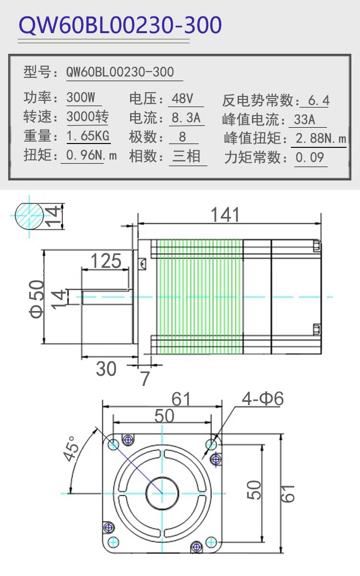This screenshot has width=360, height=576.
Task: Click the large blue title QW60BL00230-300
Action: click(120, 25)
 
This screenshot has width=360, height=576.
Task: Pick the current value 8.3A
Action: click(186, 118)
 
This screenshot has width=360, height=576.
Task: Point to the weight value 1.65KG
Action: click(88, 135)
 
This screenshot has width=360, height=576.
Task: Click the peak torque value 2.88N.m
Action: click(321, 138)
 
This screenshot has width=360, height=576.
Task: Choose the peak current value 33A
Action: click(304, 120)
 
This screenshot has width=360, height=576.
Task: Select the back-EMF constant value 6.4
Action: click(319, 100)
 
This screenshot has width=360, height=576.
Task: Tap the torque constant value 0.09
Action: click(310, 157)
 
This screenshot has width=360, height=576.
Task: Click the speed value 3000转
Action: click(88, 117)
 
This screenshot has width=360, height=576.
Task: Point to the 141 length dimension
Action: click(225, 215)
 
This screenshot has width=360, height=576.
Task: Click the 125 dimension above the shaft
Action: click(106, 261)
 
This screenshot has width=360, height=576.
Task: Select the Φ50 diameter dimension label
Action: click(36, 299)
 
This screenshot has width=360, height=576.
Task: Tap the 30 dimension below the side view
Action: click(106, 369)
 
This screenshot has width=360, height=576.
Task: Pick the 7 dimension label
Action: click(145, 378)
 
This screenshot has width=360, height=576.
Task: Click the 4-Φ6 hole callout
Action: click(263, 398)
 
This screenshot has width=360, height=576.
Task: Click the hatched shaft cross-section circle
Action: click(29, 216)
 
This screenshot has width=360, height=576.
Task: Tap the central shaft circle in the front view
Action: click(162, 493)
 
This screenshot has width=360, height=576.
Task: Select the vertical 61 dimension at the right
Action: click(287, 494)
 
